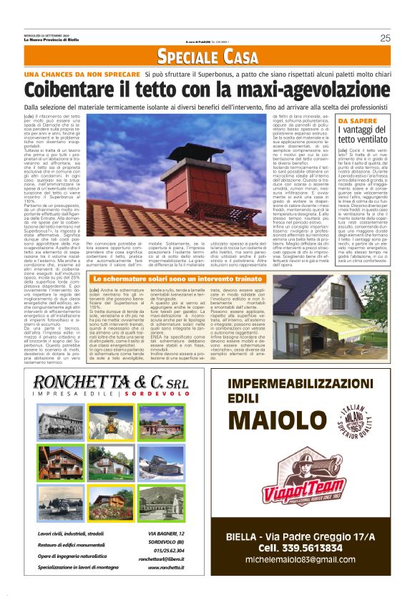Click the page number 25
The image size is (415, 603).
coord(385,38)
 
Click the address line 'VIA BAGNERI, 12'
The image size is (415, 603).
coord(166,534)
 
